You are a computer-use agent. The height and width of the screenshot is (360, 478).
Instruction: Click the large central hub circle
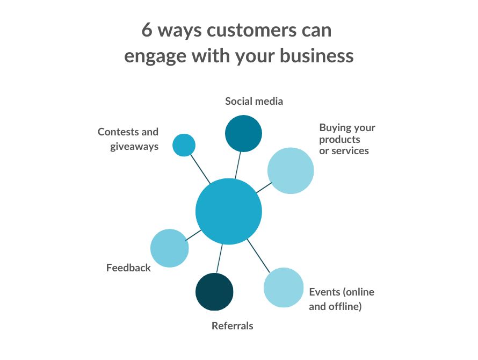(x=229, y=211)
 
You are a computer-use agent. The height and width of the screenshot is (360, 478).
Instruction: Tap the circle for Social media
(x=243, y=133)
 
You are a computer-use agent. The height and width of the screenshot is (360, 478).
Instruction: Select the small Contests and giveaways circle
(x=184, y=145)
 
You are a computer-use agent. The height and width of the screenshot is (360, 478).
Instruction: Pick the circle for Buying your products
(x=291, y=170)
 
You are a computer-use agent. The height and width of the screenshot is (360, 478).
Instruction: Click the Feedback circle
(x=170, y=248)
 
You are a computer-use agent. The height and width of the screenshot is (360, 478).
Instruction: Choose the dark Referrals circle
(x=214, y=292)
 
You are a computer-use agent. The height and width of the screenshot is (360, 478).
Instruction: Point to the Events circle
(x=284, y=287)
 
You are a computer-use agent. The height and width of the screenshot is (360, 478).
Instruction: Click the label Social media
(x=254, y=101)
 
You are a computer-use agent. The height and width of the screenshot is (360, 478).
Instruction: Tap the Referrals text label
(x=232, y=326)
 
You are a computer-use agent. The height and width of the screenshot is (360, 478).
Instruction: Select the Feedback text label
(x=128, y=268)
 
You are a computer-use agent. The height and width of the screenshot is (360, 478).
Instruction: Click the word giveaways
(x=134, y=146)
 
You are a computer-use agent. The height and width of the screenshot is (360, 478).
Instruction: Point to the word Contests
(x=117, y=132)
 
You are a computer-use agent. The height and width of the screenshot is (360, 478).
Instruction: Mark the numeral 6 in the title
(x=147, y=30)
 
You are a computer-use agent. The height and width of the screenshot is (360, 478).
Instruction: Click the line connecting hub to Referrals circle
(x=219, y=259)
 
